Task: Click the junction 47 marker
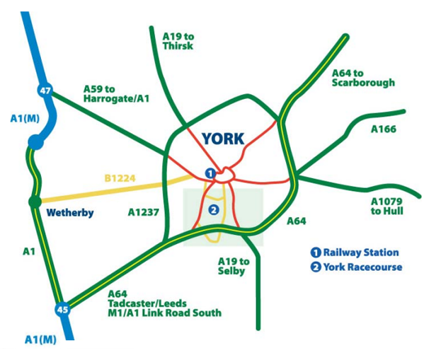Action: click(x=45, y=90)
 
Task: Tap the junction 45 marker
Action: click(x=64, y=309)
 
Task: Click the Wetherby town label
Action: click(x=69, y=213)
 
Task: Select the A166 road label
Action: click(x=384, y=129)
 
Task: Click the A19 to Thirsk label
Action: click(x=178, y=40)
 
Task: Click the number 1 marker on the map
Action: click(x=210, y=173)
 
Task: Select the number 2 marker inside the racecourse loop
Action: click(x=214, y=209)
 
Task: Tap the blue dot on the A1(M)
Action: click(x=35, y=143)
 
